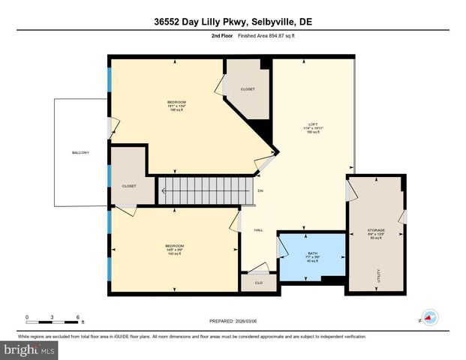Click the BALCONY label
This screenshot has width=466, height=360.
(x=80, y=153)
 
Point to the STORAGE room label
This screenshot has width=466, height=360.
(x=376, y=229)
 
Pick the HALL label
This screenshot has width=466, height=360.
(x=257, y=230)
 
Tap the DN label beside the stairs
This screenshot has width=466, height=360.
(x=260, y=190)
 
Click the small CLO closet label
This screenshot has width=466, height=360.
(x=257, y=283)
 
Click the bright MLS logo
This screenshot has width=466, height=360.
(x=30, y=349)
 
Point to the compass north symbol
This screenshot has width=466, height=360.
(x=428, y=317)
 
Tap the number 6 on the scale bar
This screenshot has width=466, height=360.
(x=77, y=316)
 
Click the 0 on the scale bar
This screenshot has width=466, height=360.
(x=27, y=316)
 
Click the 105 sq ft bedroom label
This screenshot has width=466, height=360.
(x=176, y=106)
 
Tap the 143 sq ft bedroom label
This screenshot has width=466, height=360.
(x=175, y=250)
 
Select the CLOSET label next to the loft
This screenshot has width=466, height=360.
(x=248, y=89)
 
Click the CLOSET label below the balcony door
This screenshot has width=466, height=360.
(x=129, y=185)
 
